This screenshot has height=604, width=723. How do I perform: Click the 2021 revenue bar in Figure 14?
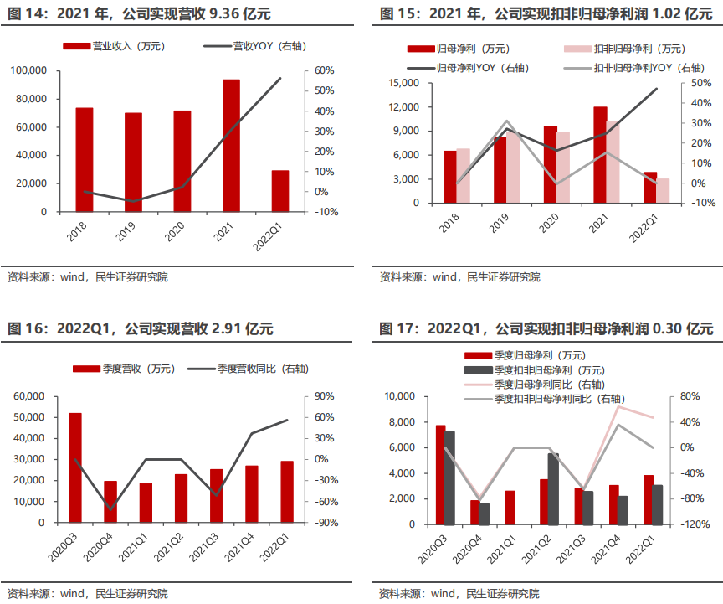[x=231, y=146]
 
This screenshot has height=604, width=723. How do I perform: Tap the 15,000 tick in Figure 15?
[x=403, y=83]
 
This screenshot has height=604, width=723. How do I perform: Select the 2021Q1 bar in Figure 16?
[x=146, y=503]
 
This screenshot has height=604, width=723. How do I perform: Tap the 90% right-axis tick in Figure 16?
[x=325, y=396]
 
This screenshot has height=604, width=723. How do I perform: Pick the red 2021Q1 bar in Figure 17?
[x=510, y=508]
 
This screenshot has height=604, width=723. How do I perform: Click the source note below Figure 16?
[x=87, y=593]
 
